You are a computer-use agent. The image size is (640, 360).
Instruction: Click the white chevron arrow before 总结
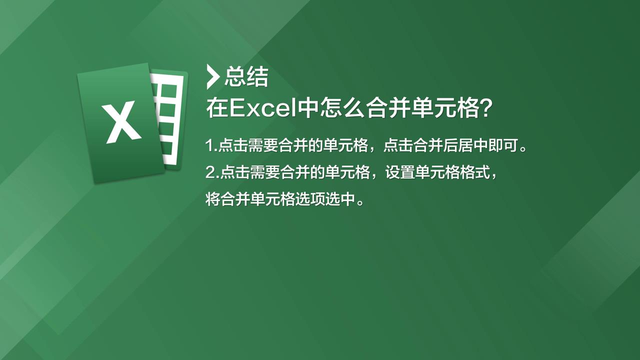click(213, 77)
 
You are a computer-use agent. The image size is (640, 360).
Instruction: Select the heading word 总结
click(246, 76)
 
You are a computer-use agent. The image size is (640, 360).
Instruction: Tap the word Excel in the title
click(262, 108)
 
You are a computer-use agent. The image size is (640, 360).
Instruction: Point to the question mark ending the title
click(485, 108)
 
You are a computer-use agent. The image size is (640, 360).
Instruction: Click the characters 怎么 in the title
click(342, 108)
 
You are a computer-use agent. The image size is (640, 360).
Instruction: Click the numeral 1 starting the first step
click(209, 145)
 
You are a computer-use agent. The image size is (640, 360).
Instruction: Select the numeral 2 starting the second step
click(210, 172)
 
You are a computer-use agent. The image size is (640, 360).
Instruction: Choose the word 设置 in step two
click(399, 172)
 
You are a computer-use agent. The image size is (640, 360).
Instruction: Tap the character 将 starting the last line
click(213, 199)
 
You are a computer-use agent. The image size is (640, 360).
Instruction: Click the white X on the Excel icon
click(122, 122)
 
